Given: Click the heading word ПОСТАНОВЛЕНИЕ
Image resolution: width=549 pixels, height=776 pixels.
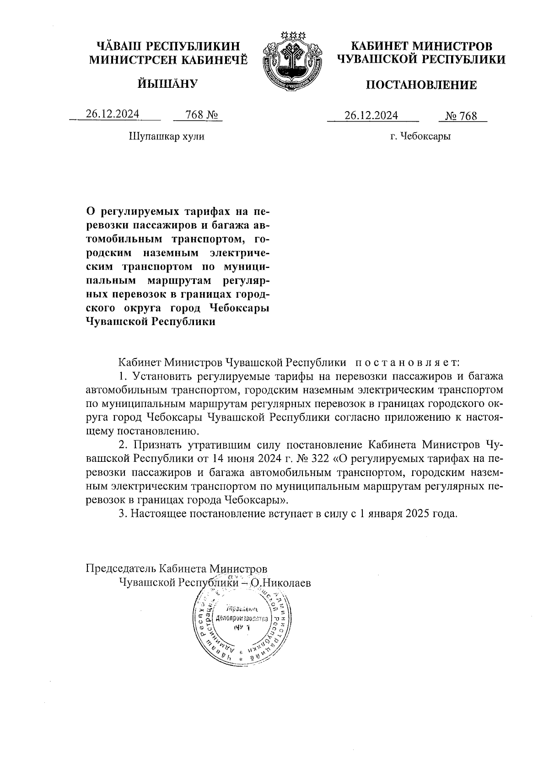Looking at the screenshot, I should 421,85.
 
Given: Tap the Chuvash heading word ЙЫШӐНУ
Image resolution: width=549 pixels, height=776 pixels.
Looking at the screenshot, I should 167,84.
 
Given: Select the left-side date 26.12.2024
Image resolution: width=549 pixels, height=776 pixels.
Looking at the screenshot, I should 113,114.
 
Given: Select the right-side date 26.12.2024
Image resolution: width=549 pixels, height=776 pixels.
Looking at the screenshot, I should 371,115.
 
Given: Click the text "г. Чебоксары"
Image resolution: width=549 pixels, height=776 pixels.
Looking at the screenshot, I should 420,136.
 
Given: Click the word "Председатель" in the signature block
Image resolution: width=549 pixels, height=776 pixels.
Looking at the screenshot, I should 120,568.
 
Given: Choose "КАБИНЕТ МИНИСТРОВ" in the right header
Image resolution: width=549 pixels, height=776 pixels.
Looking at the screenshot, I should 421,47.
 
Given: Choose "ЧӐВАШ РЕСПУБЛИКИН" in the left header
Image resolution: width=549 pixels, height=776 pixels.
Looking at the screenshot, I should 168,47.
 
